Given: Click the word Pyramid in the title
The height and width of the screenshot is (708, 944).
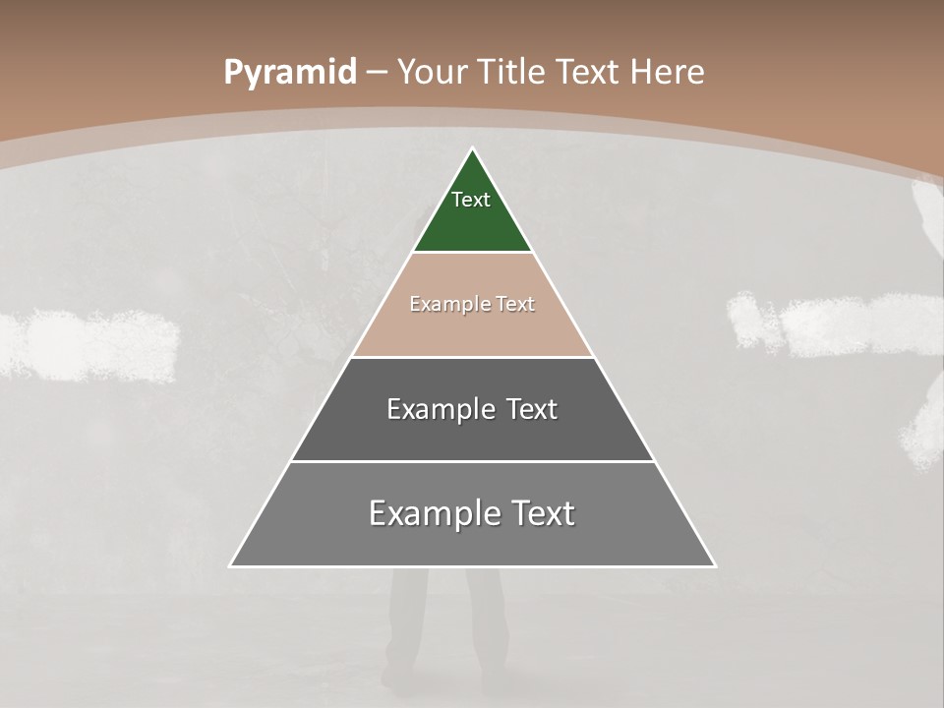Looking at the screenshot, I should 289,73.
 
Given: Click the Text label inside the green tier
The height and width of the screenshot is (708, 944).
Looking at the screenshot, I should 471,200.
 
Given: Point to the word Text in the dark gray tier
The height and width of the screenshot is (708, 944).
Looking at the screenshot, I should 532,409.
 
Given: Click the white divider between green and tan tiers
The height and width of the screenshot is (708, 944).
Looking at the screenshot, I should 473,253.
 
